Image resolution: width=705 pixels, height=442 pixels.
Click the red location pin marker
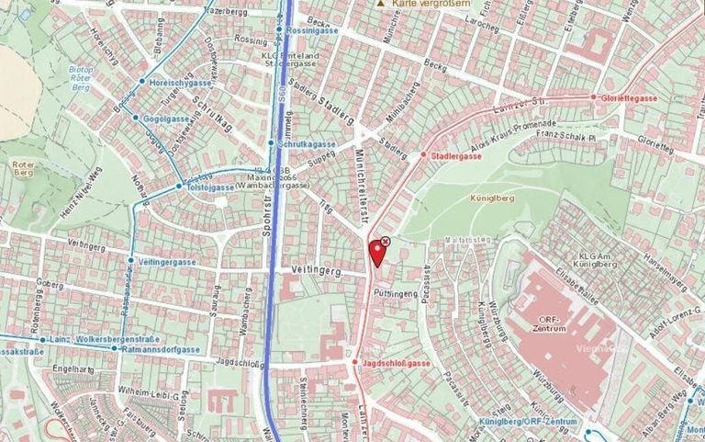point(376,252)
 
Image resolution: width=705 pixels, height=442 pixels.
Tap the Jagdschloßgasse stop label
point(397,364)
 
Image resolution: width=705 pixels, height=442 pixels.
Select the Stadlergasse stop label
point(455,156)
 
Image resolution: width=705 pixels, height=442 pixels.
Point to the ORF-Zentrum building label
point(558,323)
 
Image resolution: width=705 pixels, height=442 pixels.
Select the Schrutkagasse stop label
point(307,144)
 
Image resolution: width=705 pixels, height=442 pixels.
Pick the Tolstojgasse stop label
point(211,187)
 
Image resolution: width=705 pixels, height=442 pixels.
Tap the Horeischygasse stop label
point(179,82)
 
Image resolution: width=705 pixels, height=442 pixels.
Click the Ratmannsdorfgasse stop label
point(166,349)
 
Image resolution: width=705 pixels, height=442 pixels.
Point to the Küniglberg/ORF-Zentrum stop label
point(527,422)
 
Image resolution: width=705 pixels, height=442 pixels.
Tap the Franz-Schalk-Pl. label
point(566,134)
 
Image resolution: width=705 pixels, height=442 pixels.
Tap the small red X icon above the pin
point(386,241)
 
